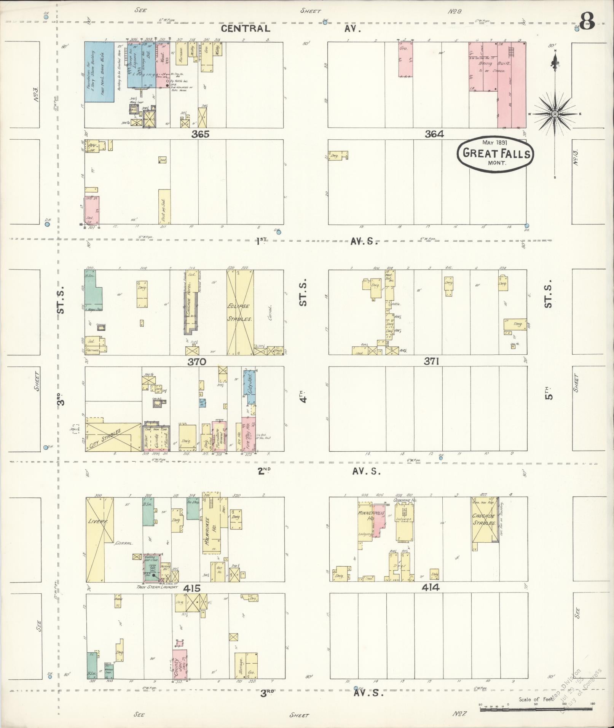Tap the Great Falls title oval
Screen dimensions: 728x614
[x=496, y=154]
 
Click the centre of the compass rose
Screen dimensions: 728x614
[x=555, y=114]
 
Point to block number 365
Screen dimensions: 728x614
[x=200, y=134]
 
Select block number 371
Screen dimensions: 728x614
[x=432, y=361]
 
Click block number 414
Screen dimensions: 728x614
[x=430, y=588]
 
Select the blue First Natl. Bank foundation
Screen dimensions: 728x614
[x=99, y=72]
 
